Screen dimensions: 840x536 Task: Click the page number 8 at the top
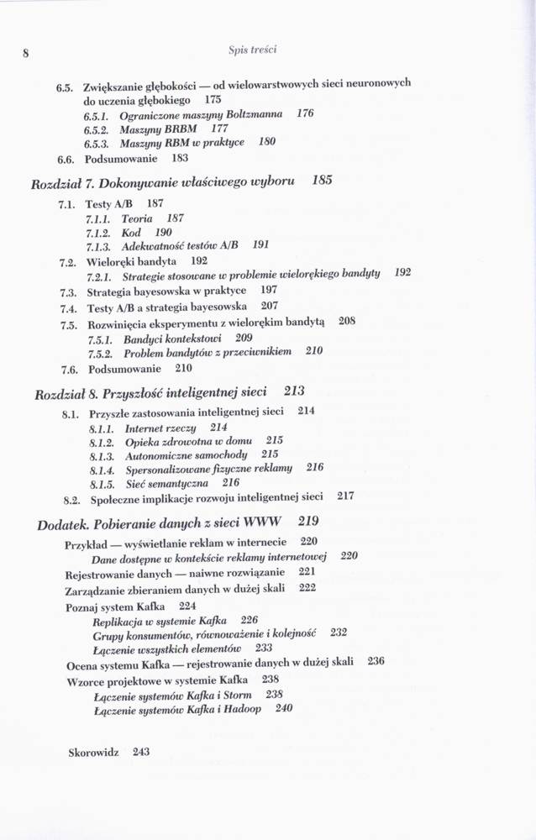click(x=26, y=52)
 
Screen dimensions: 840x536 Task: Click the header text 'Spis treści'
click(x=252, y=50)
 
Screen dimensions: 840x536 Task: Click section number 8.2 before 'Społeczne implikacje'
click(x=71, y=497)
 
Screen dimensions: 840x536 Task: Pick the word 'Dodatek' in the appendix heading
click(x=64, y=524)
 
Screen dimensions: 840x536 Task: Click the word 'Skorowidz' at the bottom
click(x=94, y=753)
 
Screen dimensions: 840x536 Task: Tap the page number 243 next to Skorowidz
click(x=140, y=753)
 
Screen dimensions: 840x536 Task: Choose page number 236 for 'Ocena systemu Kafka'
click(x=375, y=661)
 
